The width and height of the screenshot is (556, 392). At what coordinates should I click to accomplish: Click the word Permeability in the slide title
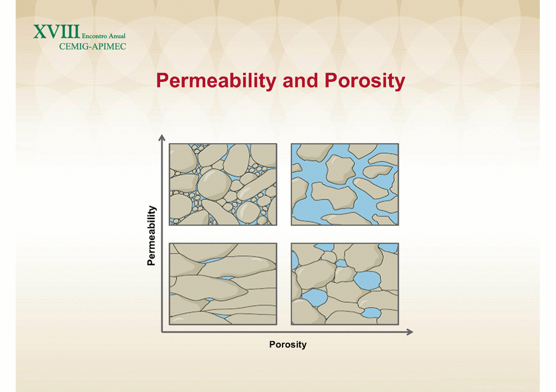click(x=216, y=81)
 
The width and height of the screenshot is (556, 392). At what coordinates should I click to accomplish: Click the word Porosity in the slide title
click(x=365, y=81)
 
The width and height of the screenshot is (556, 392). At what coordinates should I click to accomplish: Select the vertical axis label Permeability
click(x=152, y=235)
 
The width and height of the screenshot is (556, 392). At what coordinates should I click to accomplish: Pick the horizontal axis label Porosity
click(x=288, y=344)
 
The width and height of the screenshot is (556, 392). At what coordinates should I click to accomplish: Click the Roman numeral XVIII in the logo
click(x=57, y=31)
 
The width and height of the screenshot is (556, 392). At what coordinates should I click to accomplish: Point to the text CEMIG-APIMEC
click(x=93, y=46)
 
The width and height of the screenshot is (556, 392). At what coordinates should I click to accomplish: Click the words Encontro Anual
click(x=103, y=36)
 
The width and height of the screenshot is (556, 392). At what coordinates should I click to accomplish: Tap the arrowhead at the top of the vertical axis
click(x=161, y=137)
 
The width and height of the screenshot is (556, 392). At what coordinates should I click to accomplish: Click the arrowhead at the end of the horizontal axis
click(x=409, y=332)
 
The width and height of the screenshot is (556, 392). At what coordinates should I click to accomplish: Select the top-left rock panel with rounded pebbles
click(x=223, y=185)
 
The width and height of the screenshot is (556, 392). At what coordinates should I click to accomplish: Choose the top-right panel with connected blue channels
click(x=344, y=185)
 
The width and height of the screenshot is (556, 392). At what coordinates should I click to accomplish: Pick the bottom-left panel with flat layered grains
click(x=223, y=284)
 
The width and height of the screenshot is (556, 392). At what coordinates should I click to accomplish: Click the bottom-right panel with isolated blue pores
click(x=344, y=284)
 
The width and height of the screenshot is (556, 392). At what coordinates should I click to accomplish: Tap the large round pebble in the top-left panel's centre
click(x=214, y=184)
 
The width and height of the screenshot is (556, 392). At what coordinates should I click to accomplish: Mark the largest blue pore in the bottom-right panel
click(x=367, y=280)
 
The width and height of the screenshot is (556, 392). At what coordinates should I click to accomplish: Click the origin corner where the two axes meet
click(x=162, y=332)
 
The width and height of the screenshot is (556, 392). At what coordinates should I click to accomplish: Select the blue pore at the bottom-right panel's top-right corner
click(x=388, y=248)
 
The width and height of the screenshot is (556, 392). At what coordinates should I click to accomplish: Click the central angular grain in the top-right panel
click(x=340, y=170)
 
